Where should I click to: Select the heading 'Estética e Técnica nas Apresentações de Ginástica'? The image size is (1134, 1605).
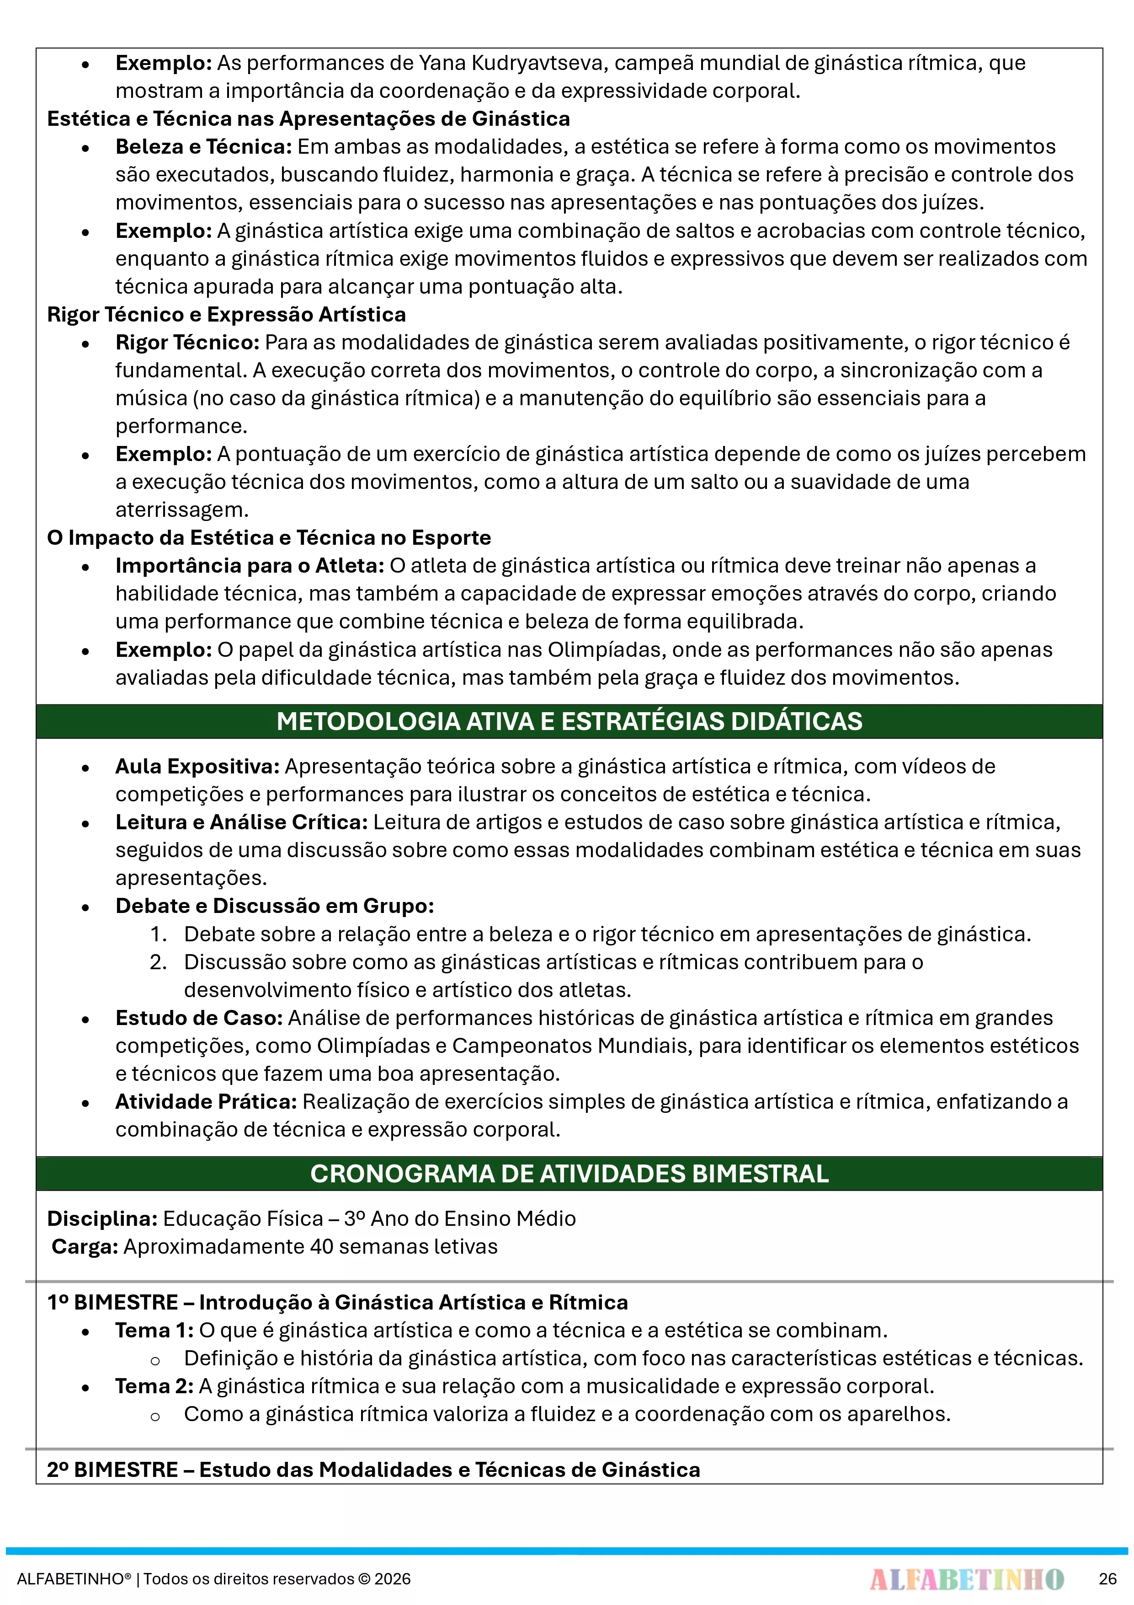click(x=308, y=119)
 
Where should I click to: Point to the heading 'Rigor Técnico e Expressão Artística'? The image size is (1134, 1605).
click(x=226, y=315)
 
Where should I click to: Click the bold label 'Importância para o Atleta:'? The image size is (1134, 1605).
click(x=250, y=565)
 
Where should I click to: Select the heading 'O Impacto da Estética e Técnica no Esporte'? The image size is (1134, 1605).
click(x=269, y=537)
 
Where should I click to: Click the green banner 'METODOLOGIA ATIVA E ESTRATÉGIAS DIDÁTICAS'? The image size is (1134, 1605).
click(x=569, y=721)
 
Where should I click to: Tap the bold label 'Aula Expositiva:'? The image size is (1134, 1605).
click(x=197, y=767)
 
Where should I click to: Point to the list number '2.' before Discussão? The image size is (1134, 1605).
click(x=159, y=962)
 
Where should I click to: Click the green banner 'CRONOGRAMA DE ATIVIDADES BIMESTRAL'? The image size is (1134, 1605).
click(x=569, y=1174)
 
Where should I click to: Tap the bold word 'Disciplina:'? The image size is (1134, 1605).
click(x=102, y=1219)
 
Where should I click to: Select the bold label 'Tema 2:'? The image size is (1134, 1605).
click(x=154, y=1386)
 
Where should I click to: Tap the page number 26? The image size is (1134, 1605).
click(x=1107, y=1579)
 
